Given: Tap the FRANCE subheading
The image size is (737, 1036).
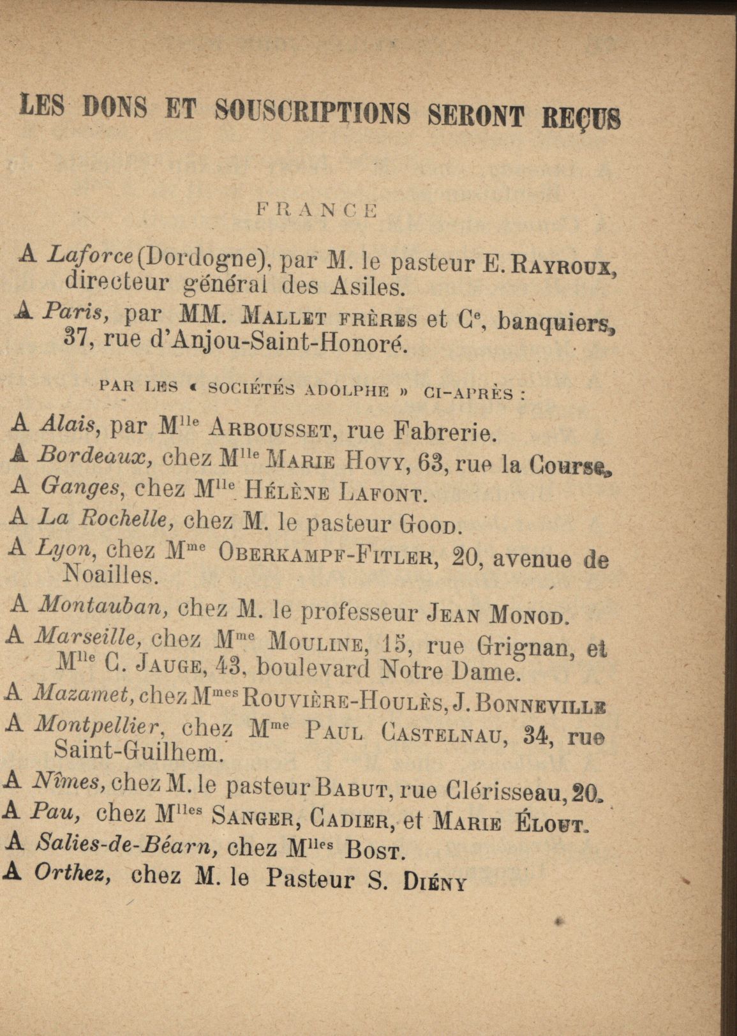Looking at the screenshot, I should (x=316, y=209).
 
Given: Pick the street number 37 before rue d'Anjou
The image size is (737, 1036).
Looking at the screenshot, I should (x=80, y=343).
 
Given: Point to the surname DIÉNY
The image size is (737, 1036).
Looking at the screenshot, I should (x=435, y=883).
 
